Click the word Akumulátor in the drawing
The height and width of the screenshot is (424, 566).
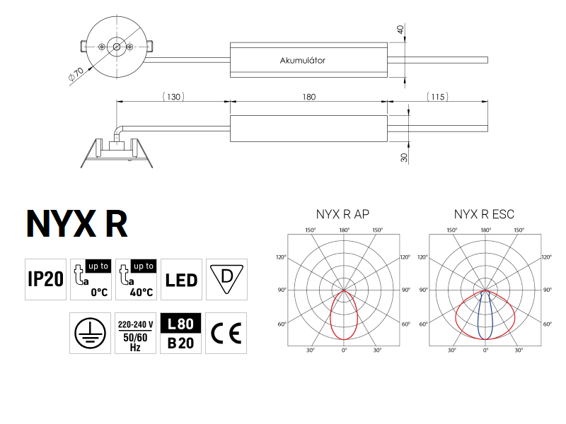tap(302, 61)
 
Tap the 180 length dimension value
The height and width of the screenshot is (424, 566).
tap(308, 97)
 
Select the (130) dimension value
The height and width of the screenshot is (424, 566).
tap(173, 97)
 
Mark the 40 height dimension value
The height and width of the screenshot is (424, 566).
tap(400, 30)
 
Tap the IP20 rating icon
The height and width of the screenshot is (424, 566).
tap(45, 279)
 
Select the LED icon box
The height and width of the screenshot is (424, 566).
tap(181, 279)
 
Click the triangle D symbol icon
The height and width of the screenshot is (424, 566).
tap(226, 278)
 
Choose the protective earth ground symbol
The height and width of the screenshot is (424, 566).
tap(91, 333)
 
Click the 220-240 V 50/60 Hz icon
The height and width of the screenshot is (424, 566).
tap(136, 333)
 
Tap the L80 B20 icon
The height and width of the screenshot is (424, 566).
tap(181, 333)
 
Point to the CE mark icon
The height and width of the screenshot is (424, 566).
tap(226, 333)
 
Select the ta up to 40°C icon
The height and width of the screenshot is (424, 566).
tap(136, 279)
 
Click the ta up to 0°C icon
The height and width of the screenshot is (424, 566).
tap(91, 279)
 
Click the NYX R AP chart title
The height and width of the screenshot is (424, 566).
tap(344, 213)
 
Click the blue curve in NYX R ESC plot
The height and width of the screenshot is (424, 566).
tap(479, 318)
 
